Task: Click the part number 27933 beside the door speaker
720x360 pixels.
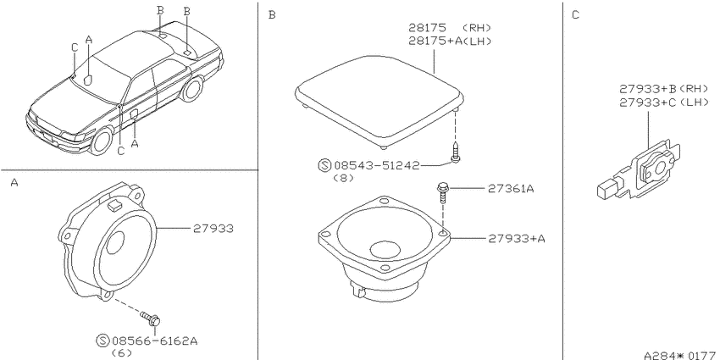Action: (213, 228)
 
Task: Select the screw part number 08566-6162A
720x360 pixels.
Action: (155, 341)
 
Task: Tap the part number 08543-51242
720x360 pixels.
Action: (377, 165)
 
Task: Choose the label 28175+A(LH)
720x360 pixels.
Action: (451, 41)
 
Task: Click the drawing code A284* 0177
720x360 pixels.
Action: (680, 356)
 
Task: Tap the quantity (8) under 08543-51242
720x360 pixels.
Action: (343, 178)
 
